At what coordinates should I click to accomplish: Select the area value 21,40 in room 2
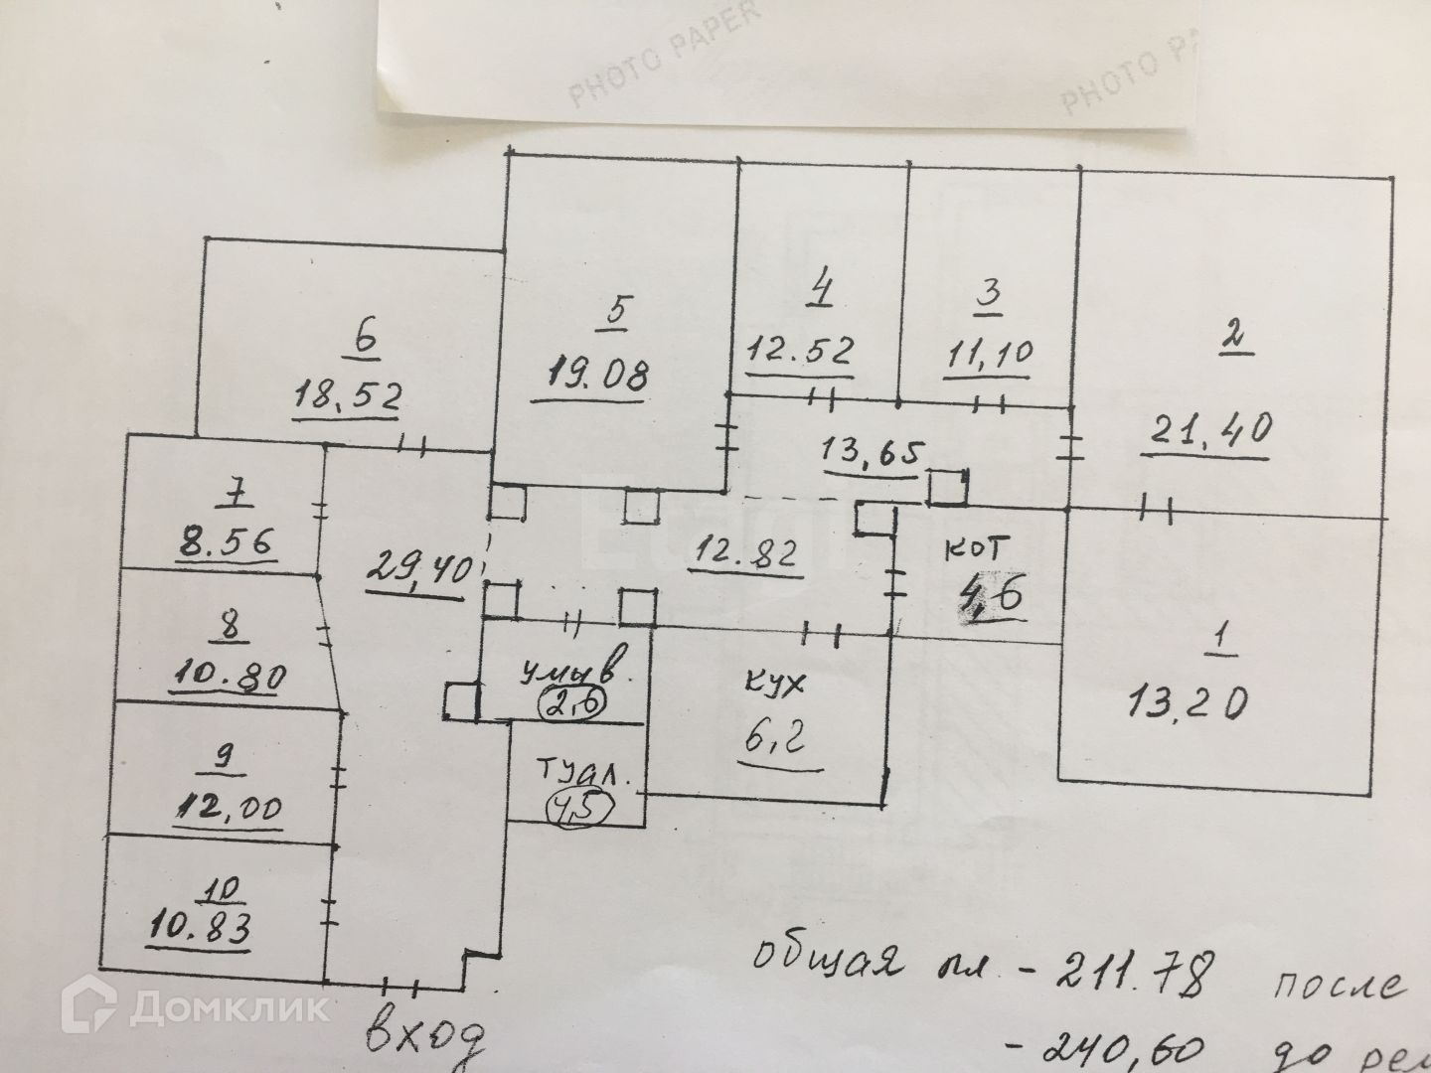1204,433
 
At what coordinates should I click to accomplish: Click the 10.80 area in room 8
230,678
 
